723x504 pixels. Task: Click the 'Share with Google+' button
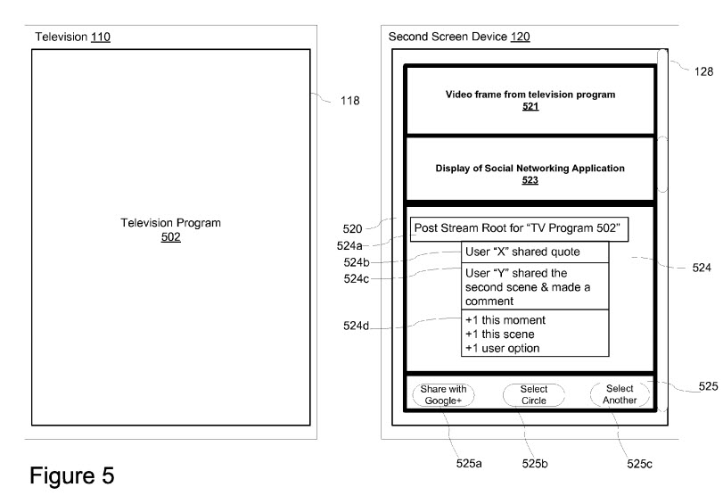[x=443, y=394]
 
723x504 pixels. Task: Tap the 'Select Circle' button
[x=533, y=394]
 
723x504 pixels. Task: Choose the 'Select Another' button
[x=620, y=394]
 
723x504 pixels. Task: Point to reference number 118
[x=349, y=101]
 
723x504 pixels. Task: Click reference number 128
[x=702, y=75]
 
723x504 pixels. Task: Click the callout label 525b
[x=535, y=464]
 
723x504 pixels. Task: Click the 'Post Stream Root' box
[x=521, y=229]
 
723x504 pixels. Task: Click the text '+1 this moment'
[x=505, y=319]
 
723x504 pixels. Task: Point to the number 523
[x=530, y=179]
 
